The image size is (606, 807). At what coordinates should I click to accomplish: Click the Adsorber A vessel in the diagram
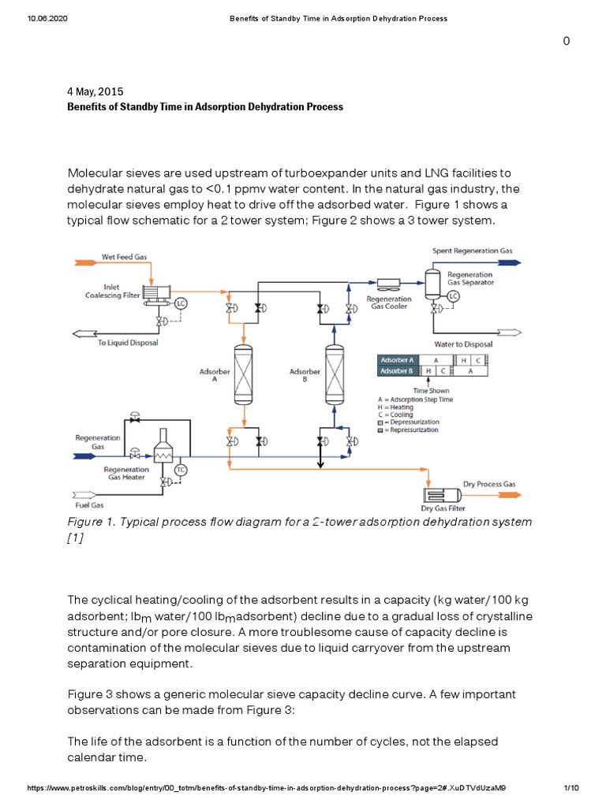click(242, 374)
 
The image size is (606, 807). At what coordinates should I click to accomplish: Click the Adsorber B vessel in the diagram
click(336, 374)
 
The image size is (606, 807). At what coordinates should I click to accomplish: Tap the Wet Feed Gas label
click(124, 257)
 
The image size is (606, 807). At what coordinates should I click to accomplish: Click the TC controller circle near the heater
click(180, 470)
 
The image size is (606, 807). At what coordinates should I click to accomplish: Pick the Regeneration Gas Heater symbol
click(164, 449)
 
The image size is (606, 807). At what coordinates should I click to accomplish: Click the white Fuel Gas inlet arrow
click(86, 496)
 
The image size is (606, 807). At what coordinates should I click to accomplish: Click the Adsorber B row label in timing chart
click(397, 370)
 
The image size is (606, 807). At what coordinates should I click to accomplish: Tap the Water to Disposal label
click(463, 344)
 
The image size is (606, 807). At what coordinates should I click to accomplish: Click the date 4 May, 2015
click(95, 91)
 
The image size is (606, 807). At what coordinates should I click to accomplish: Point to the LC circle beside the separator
click(453, 296)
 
